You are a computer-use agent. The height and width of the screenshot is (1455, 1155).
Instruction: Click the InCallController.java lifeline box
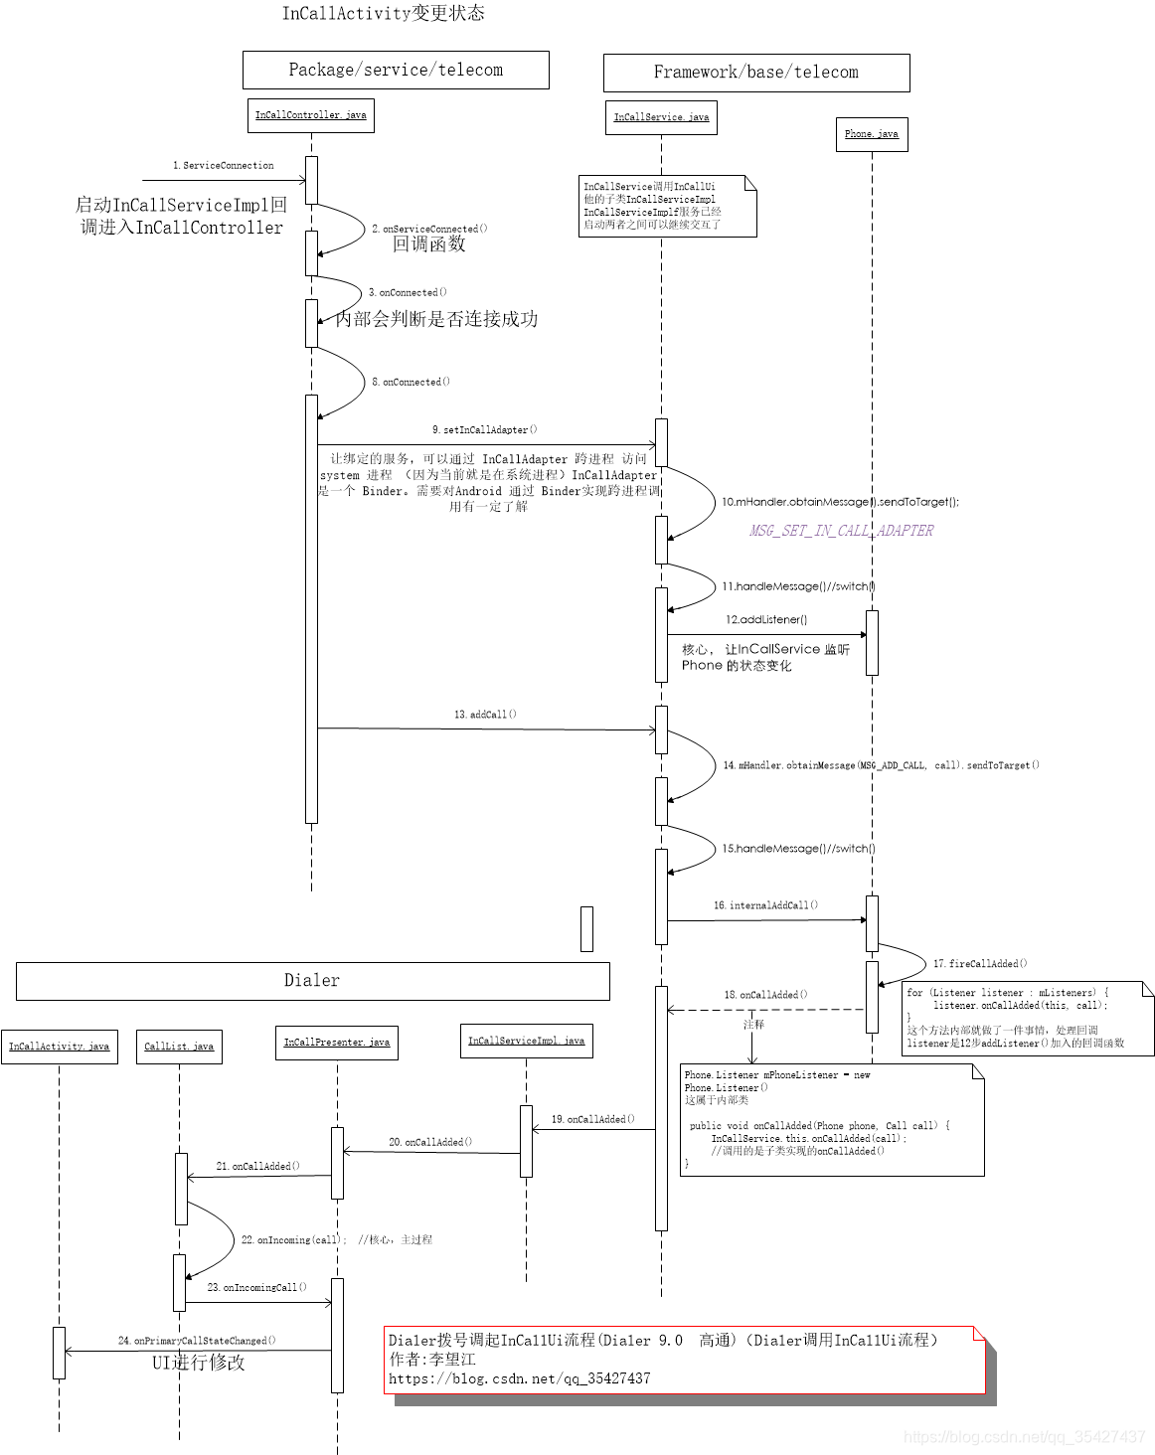pos(310,115)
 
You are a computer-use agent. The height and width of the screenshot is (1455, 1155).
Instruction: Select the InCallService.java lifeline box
pos(661,117)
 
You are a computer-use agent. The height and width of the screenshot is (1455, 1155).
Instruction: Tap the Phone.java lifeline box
pos(871,134)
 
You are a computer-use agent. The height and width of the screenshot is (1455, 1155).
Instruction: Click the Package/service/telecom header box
pos(396,70)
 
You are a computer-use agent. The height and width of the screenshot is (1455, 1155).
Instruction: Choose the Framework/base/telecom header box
pos(755,73)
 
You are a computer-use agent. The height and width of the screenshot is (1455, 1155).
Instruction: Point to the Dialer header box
pos(312,981)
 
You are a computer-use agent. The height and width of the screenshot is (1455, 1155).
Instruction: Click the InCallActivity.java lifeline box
pos(59,1047)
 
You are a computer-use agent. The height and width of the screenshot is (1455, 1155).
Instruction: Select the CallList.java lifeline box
pos(179,1047)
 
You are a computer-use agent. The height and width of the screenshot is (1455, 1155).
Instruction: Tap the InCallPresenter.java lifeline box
pos(337,1043)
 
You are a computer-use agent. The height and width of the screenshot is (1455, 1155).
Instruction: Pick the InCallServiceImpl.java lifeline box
pos(526,1041)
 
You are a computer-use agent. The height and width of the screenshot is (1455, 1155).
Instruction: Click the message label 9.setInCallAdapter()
pos(484,429)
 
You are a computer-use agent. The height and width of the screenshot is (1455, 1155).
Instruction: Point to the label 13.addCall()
pos(485,715)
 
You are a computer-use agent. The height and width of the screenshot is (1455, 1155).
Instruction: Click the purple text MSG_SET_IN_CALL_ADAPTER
pos(841,531)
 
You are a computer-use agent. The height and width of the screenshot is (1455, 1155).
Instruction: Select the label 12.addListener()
pos(766,619)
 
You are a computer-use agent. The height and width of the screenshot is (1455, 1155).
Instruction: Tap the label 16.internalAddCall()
pos(765,905)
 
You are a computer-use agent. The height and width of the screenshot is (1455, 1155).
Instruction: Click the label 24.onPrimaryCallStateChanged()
pos(197,1341)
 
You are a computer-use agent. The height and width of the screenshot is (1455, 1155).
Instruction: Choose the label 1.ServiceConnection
pos(224,166)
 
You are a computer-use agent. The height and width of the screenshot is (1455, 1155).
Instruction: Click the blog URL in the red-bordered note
pos(519,1378)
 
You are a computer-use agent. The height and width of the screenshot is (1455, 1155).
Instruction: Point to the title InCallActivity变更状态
pos(383,13)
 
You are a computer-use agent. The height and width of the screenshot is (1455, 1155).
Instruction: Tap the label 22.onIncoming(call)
pos(293,1240)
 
